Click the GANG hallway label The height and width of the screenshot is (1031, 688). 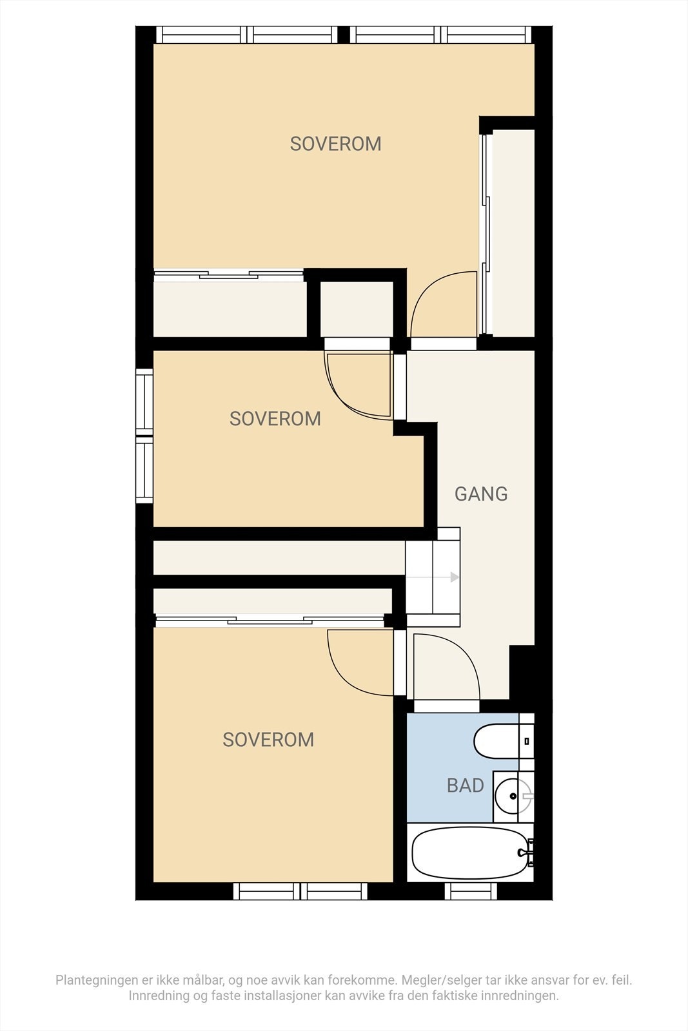(x=481, y=494)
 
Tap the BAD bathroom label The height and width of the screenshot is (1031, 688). (x=465, y=785)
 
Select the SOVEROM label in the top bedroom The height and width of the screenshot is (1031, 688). (x=335, y=144)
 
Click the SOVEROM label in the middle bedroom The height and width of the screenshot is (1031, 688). (x=275, y=419)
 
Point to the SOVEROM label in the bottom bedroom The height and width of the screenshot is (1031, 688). (x=268, y=739)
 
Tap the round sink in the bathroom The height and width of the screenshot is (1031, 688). (x=513, y=796)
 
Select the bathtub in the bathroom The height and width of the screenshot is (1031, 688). (x=470, y=853)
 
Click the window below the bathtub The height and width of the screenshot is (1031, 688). (x=471, y=892)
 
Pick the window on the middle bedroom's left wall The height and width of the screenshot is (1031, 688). (x=144, y=437)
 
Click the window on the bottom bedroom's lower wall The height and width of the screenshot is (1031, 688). (x=300, y=892)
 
